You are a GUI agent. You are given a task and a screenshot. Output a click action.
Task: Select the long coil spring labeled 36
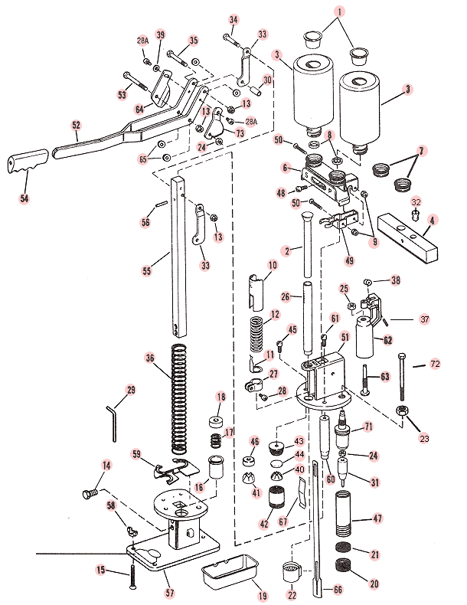coord(178,398)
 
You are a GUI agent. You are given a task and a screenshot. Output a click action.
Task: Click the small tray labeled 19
coord(228,569)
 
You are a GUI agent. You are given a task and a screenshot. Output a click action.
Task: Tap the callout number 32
coord(416,202)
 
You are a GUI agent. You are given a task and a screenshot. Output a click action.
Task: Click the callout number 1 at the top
coord(341,12)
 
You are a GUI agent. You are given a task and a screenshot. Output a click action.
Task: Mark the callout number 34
coord(233,19)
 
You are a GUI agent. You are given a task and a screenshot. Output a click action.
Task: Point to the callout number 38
coord(395,281)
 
